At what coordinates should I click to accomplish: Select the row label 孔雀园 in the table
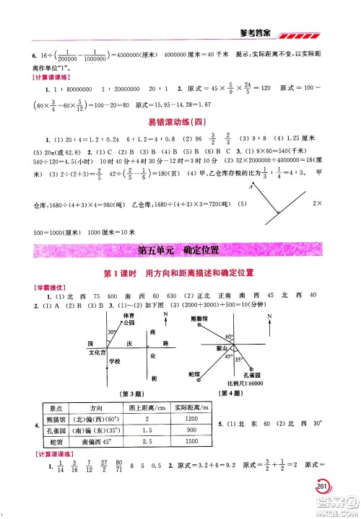click(53, 430)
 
